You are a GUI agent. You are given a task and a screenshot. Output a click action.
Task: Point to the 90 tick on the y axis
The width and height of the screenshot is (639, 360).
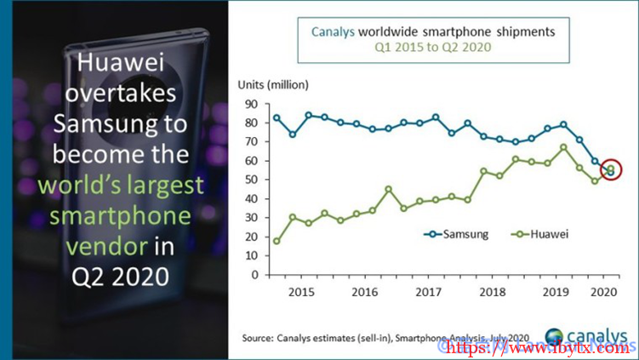(252, 103)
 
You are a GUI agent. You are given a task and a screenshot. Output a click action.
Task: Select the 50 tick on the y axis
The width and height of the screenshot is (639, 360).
(252, 180)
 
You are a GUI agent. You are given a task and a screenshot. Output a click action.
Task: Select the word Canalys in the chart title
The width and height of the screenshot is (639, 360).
(330, 31)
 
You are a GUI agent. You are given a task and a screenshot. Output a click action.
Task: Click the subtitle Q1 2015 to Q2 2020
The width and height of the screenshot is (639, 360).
(433, 48)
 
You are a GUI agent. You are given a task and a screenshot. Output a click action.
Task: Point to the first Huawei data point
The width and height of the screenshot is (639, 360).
(277, 241)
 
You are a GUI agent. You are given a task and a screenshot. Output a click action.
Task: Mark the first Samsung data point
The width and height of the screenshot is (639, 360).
(277, 117)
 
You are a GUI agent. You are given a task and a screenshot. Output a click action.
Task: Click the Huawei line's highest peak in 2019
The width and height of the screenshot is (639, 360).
(563, 147)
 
